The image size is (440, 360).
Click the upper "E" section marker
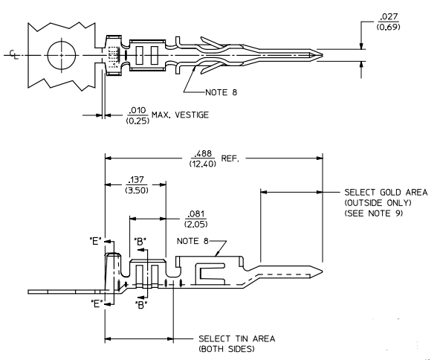pyautogui.click(x=95, y=242)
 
